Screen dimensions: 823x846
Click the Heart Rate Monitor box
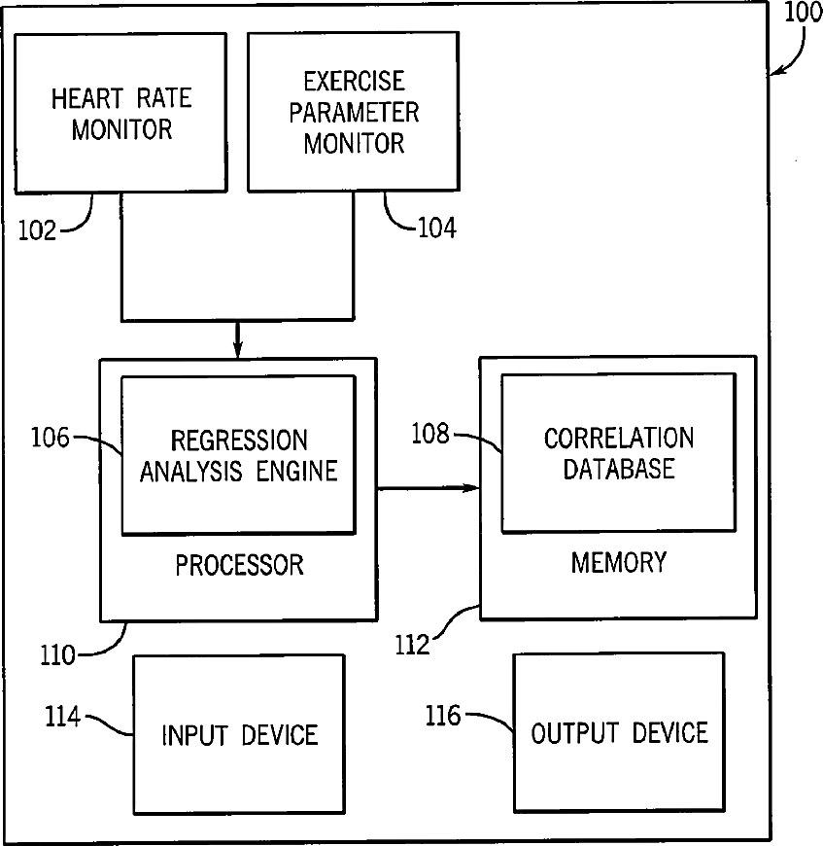pos(120,113)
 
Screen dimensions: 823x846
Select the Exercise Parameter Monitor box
pos(354,112)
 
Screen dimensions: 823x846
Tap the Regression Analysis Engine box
pos(239,455)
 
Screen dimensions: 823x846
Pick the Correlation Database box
pos(619,453)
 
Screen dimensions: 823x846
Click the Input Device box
pos(239,734)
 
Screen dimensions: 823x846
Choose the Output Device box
pos(619,732)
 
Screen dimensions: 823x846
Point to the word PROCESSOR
pos(239,565)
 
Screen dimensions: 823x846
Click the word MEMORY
pos(619,562)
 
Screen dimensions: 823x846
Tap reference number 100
pos(803,12)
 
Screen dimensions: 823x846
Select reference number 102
pos(37,230)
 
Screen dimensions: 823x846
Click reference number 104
pos(437,228)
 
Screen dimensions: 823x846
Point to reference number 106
pos(51,437)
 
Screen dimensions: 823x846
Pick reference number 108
pos(430,434)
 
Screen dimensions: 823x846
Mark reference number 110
pos(57,655)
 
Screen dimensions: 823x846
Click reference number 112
pos(412,645)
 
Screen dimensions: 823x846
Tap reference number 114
pos(62,717)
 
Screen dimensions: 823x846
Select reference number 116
pos(443,716)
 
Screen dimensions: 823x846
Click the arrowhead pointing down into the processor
pos(238,350)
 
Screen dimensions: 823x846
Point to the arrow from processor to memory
pos(429,488)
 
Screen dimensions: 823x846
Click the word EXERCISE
pos(354,82)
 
